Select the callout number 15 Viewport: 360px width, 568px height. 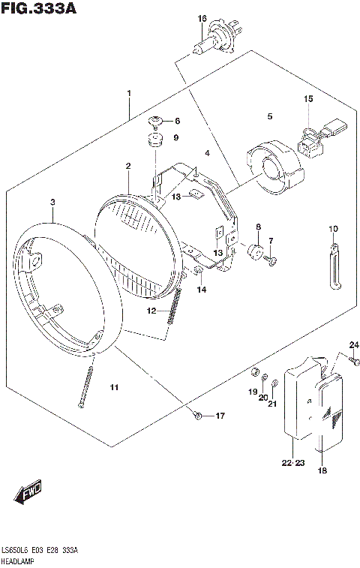(x=307, y=99)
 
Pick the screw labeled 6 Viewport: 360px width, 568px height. (x=156, y=121)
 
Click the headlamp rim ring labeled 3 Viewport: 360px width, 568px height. (x=67, y=285)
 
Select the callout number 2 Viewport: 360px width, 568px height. (x=128, y=166)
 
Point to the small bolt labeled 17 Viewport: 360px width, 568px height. (x=197, y=415)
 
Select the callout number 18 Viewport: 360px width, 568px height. (x=322, y=471)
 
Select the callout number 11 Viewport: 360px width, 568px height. (x=113, y=387)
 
